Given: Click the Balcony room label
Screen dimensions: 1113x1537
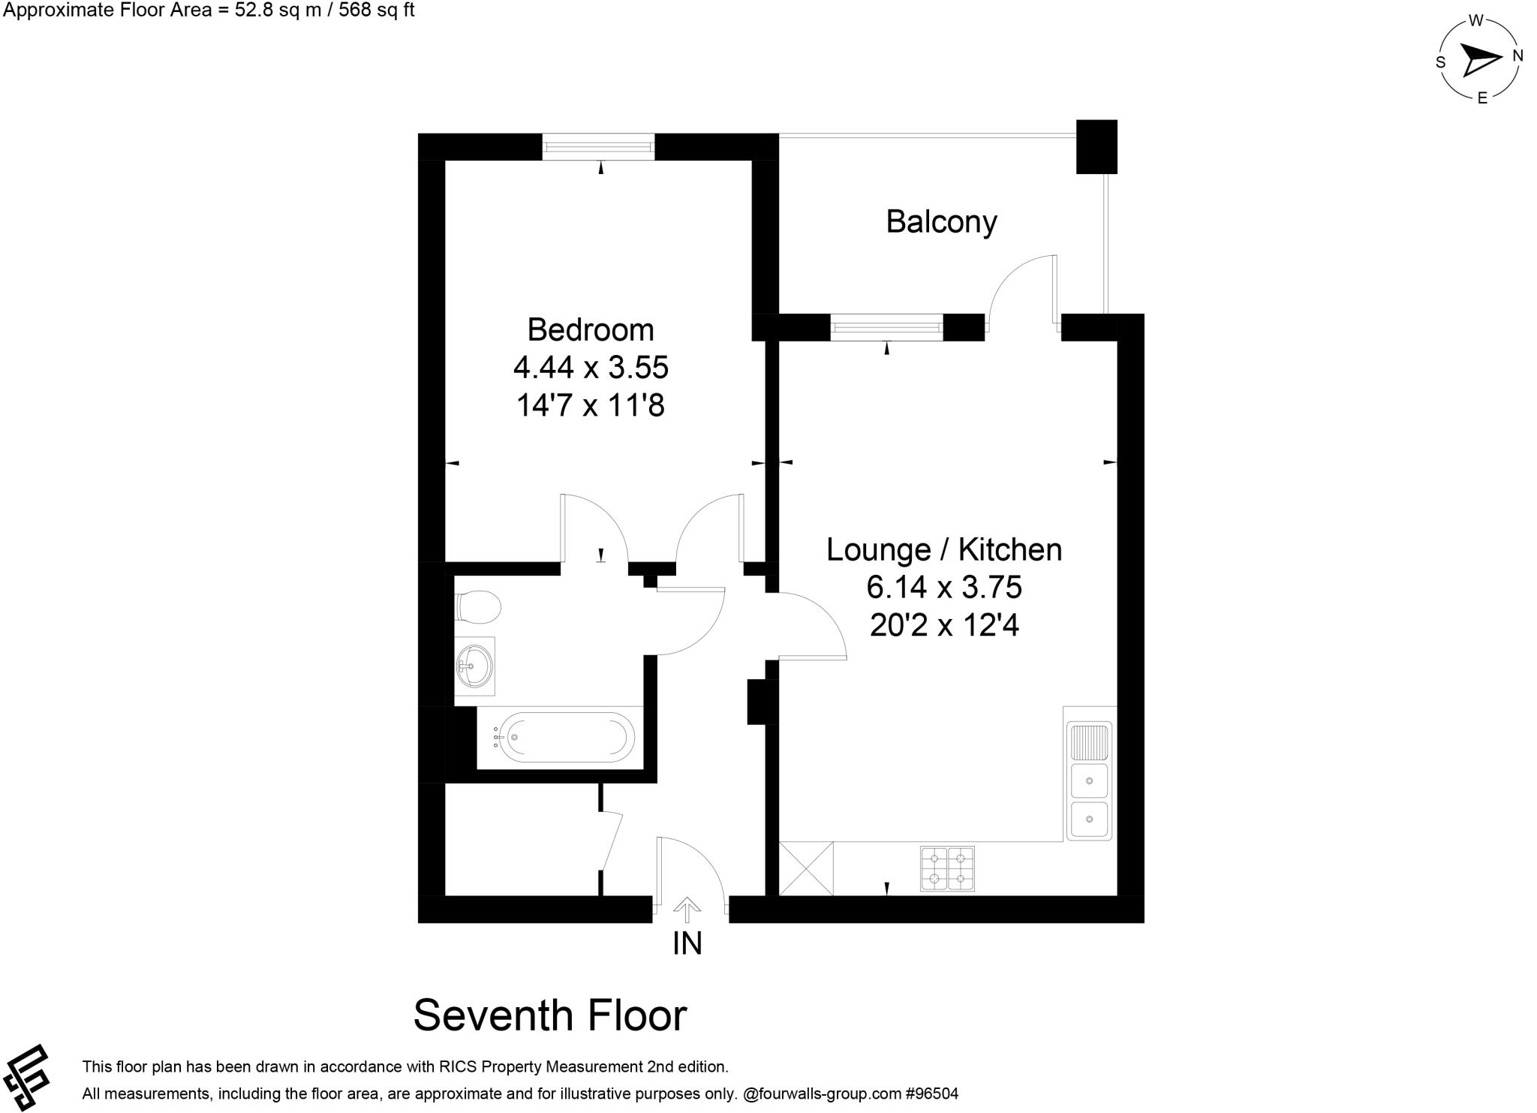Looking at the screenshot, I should point(941,222).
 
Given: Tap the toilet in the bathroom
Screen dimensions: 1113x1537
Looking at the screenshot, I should point(477,606).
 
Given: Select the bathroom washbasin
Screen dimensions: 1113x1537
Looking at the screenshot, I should point(475,664).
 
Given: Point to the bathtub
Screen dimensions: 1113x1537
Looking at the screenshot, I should point(566,737).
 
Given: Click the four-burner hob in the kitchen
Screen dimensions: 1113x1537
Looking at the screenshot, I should point(947,868).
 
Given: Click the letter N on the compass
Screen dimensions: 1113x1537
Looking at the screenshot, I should point(1517,56).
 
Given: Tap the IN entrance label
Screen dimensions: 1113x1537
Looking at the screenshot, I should point(687,943).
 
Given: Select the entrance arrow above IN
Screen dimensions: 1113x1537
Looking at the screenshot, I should point(687,910).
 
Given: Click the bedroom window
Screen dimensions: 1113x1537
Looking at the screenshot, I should point(598,146).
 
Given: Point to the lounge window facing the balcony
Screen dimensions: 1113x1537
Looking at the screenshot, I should point(886,327).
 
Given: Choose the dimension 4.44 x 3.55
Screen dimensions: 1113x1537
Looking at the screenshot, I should point(591,368).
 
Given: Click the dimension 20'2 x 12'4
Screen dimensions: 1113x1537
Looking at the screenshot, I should point(944,624).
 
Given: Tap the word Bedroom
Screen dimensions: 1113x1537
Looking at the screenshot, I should point(591,330).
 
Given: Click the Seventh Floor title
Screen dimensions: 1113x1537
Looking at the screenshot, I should point(550,1015).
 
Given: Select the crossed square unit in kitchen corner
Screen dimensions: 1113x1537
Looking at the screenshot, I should point(807,868).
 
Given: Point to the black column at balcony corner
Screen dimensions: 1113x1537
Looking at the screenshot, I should point(1096,146).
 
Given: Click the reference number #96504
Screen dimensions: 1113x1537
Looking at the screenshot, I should point(932,1093).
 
